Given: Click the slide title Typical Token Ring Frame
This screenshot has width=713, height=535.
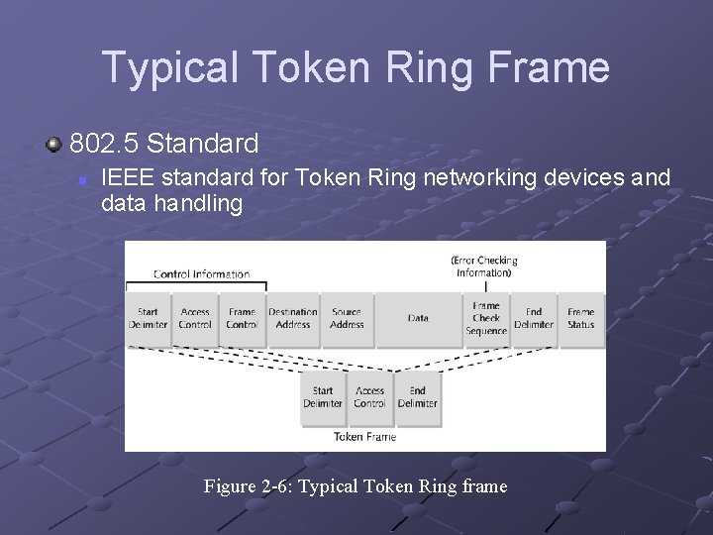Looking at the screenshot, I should coord(356,67).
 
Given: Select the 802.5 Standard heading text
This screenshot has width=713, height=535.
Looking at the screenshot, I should coord(163,144).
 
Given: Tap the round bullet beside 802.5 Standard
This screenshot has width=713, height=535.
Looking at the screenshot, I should coord(53,145).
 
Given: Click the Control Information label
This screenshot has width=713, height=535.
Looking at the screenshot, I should coord(201,274).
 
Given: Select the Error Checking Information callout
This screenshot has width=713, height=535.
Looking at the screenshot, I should coord(484,267).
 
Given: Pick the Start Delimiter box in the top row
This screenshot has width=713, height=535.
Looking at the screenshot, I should coord(148,318).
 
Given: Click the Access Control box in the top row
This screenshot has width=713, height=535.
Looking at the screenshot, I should coord(195,318).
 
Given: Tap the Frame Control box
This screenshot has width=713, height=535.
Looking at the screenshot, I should coord(242,318).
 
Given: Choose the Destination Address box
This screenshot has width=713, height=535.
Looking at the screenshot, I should coord(293,318).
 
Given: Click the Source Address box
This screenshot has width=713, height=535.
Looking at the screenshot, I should coord(347,318).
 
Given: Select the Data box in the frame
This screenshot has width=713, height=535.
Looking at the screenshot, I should coord(418,318).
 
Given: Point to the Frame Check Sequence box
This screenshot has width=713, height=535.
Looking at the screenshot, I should coord(486,318).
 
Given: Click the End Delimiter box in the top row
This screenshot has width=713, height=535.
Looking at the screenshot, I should coord(534,318).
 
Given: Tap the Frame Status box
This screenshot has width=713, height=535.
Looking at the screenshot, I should coord(581,318).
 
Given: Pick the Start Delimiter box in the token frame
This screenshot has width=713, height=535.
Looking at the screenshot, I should coord(323,397).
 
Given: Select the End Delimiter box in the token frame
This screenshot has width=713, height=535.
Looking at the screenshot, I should coord(417,397).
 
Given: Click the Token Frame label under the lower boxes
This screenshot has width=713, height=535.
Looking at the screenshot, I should coord(364,437).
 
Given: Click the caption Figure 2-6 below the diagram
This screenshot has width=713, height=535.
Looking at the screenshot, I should coord(355,486).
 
